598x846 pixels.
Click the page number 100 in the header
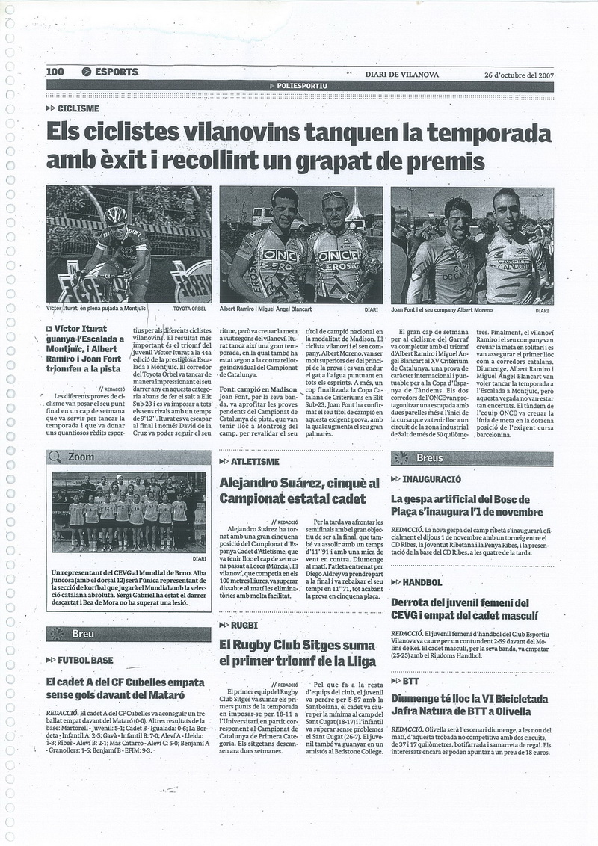55,72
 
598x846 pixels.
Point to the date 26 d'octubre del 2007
518,74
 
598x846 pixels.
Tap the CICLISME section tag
78,108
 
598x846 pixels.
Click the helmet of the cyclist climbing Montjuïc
116,216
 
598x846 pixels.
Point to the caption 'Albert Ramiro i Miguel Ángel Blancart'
265,309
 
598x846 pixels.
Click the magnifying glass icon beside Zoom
55,457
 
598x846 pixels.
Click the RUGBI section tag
244,624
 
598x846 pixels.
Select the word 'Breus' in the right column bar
430,457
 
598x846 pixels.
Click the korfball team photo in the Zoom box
126,512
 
